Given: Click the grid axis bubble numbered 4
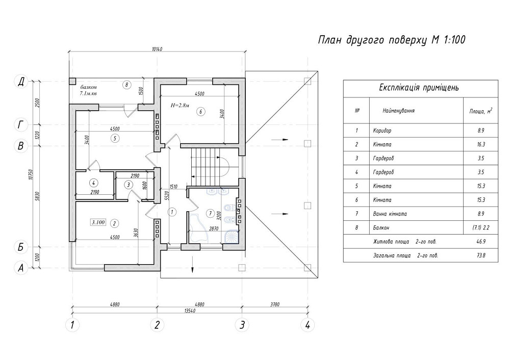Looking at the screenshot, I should tap(307, 324).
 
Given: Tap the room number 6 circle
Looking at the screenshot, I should tap(201, 111).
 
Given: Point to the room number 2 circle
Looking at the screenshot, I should tap(115, 223).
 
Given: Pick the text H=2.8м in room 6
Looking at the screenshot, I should tap(180, 106).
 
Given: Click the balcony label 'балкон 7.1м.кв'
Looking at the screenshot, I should tap(89, 89).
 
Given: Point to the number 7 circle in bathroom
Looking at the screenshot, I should tap(209, 213).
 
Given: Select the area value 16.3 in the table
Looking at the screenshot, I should tap(481, 144).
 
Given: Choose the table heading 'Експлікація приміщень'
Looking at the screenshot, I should tap(419, 87).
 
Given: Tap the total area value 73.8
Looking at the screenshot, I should tap(481, 254).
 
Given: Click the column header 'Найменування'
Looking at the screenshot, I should tap(398, 110).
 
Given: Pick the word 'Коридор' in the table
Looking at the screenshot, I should tap(382, 131).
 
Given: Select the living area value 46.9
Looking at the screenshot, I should tap(481, 241).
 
